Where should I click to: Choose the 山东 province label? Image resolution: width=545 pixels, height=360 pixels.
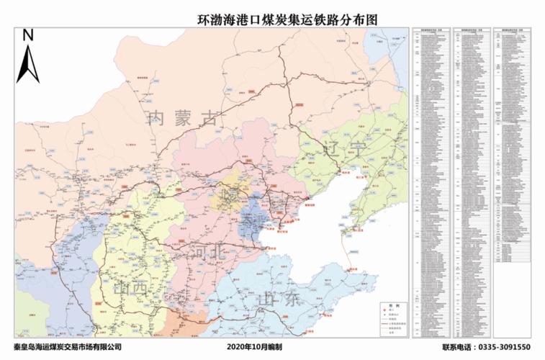[x=280, y=300]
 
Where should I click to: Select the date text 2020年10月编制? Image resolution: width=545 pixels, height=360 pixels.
[x=254, y=347]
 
